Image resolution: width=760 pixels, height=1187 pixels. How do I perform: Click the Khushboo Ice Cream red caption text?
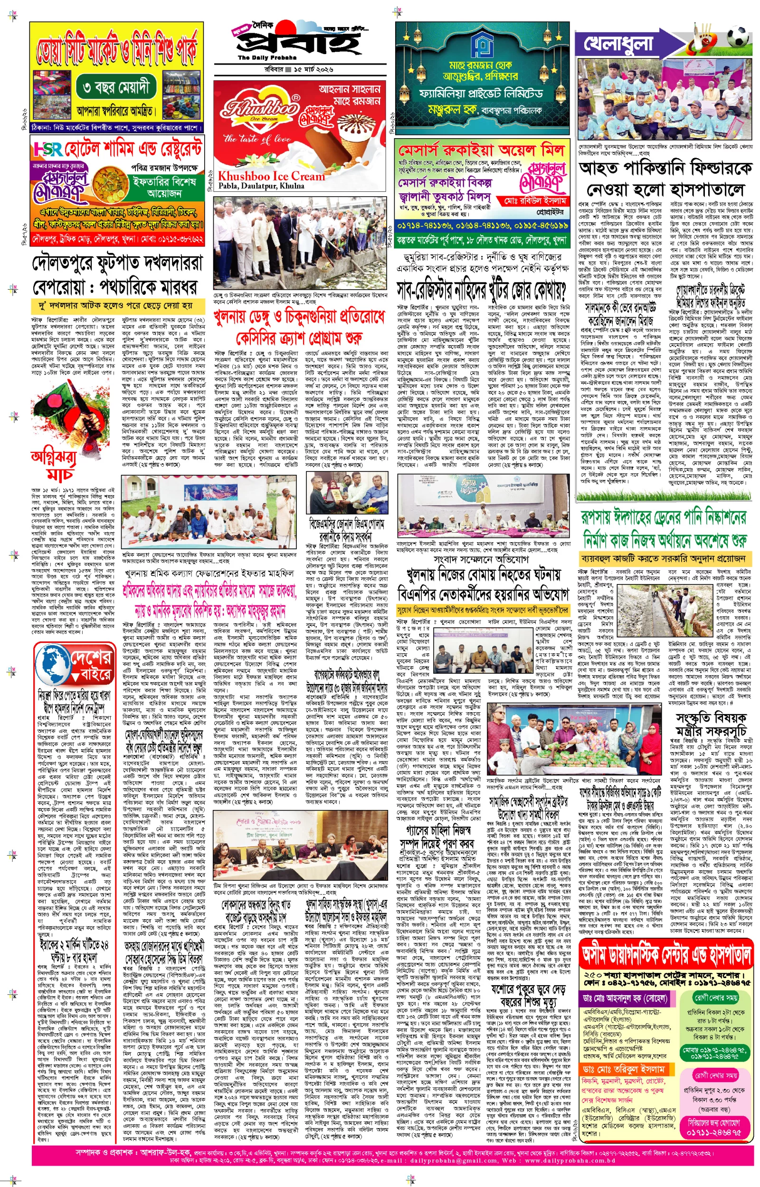[271, 176]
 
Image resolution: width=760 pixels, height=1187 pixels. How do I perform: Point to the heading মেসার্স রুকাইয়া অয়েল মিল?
[481, 150]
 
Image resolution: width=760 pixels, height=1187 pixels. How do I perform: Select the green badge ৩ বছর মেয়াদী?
[116, 88]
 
